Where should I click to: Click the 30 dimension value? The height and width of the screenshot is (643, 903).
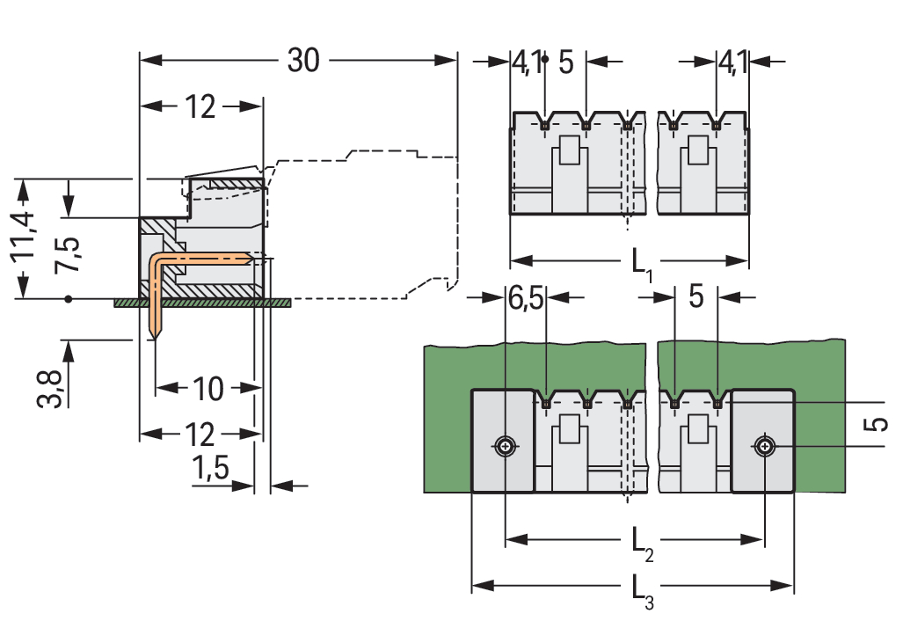(x=303, y=61)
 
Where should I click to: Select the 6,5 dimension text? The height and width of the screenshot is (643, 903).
(x=526, y=298)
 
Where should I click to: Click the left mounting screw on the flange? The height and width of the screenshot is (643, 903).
(x=505, y=447)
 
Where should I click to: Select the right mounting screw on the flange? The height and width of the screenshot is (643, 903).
(x=765, y=447)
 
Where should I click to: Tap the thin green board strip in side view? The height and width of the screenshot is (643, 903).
(x=202, y=302)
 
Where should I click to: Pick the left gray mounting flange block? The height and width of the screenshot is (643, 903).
(x=503, y=440)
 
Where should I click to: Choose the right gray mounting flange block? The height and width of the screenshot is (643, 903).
(x=763, y=440)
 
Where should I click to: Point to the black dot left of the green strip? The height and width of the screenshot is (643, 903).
(x=69, y=299)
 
